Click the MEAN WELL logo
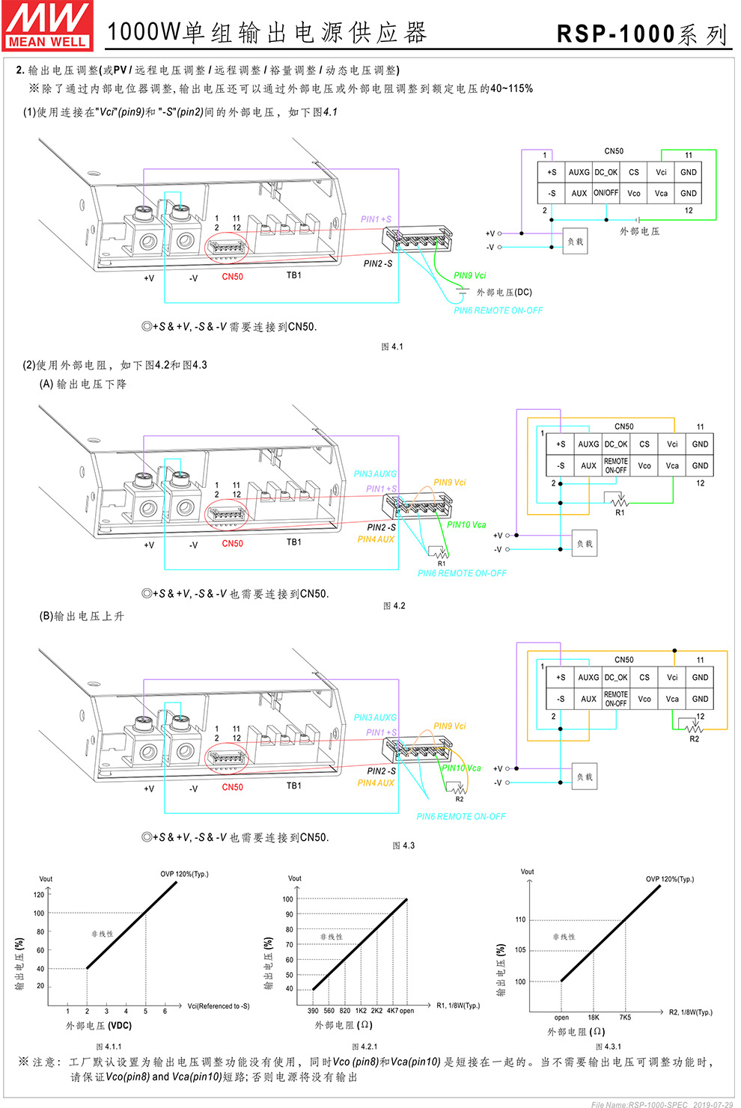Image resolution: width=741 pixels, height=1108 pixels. (48, 26)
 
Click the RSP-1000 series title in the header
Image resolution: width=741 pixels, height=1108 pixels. (641, 34)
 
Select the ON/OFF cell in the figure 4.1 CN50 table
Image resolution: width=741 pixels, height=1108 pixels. (606, 193)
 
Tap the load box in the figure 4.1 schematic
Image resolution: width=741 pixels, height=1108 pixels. (575, 242)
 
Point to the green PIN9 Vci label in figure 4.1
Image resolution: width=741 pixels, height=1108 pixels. (469, 275)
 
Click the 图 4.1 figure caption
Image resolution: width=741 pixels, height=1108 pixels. (391, 346)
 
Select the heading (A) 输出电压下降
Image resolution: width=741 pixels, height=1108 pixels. (83, 384)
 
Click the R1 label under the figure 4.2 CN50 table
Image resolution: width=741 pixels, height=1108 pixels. (620, 513)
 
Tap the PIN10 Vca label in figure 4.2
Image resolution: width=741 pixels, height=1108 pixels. (466, 524)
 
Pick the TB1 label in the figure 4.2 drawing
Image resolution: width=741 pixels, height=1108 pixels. (294, 542)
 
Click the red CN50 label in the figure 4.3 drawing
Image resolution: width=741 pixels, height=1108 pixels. (232, 787)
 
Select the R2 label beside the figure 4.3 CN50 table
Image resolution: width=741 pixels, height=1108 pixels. (695, 739)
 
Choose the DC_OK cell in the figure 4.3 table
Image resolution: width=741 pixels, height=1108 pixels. (616, 677)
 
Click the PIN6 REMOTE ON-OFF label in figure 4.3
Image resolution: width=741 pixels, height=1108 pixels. (461, 816)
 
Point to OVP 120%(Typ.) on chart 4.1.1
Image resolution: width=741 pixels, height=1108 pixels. (184, 874)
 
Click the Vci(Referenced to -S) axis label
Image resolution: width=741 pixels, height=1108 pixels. (219, 1006)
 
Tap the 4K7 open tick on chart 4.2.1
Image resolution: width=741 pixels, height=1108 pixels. (400, 1011)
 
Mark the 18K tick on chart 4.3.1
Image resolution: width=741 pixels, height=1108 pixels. (593, 1017)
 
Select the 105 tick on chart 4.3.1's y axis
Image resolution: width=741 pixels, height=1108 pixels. (520, 950)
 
